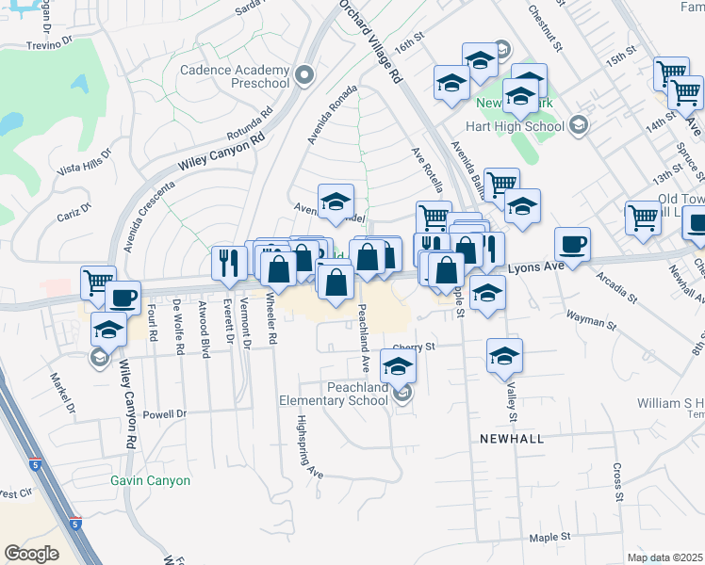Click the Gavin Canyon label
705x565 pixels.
pyautogui.click(x=150, y=480)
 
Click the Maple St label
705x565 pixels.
pyautogui.click(x=550, y=537)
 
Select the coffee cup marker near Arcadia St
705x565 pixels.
pyautogui.click(x=572, y=245)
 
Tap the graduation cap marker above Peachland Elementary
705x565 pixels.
pyautogui.click(x=398, y=364)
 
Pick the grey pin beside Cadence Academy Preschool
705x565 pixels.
pyautogui.click(x=303, y=74)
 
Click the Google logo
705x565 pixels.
pyautogui.click(x=32, y=553)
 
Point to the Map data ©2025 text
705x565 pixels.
pyautogui.click(x=665, y=557)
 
